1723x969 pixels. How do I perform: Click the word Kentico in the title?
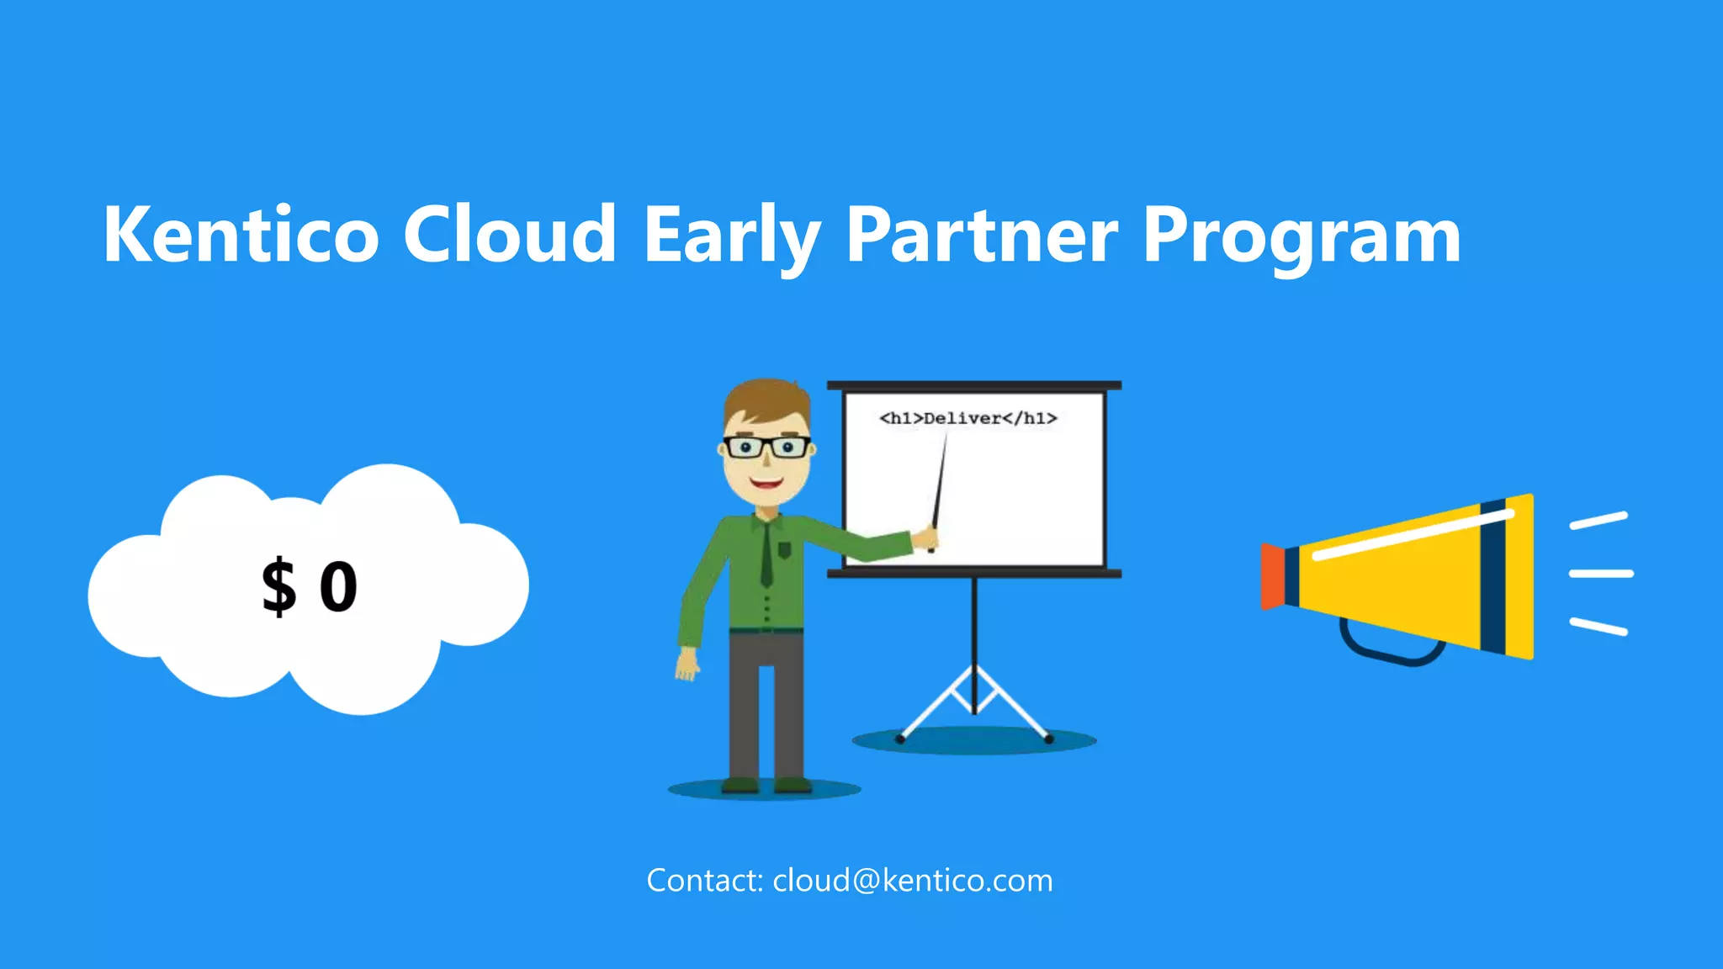pyautogui.click(x=241, y=235)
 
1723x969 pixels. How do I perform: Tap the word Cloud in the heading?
pyautogui.click(x=510, y=235)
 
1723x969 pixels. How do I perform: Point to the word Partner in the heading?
pyautogui.click(x=981, y=235)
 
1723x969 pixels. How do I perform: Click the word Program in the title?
pyautogui.click(x=1301, y=238)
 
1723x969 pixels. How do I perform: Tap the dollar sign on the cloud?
pyautogui.click(x=278, y=587)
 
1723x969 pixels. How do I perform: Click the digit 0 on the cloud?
pyautogui.click(x=338, y=587)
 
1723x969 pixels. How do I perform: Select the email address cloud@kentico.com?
pyautogui.click(x=912, y=881)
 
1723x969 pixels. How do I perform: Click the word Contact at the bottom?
pyautogui.click(x=703, y=881)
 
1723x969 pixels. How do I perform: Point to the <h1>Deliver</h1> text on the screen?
pyautogui.click(x=968, y=418)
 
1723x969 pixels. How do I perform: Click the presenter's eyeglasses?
pyautogui.click(x=766, y=447)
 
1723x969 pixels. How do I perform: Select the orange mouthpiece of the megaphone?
pyautogui.click(x=1272, y=576)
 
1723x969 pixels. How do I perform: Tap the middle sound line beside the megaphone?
pyautogui.click(x=1601, y=574)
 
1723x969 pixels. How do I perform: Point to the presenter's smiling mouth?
pyautogui.click(x=766, y=484)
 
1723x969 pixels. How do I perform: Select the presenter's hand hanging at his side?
pyautogui.click(x=687, y=665)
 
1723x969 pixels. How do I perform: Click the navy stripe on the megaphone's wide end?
pyautogui.click(x=1493, y=577)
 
